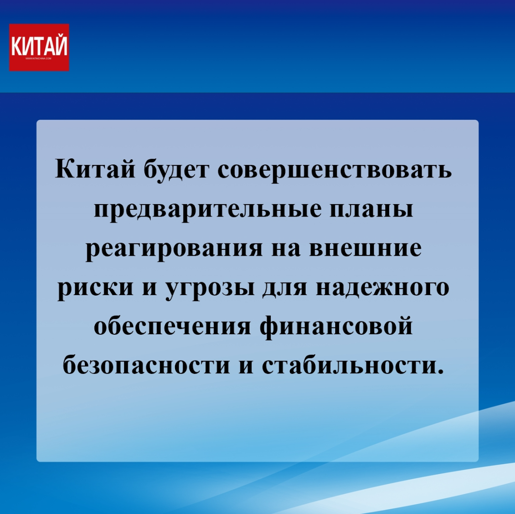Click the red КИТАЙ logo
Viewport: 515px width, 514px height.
click(39, 47)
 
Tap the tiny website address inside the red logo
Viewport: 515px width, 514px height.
click(39, 59)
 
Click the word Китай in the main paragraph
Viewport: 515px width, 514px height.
click(95, 169)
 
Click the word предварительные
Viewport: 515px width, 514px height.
click(207, 210)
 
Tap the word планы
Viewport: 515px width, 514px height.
click(371, 211)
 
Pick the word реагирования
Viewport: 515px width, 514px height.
click(174, 250)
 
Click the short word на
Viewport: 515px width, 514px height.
click(286, 248)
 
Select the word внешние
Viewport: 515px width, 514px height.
click(366, 248)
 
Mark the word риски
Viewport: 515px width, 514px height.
click(95, 288)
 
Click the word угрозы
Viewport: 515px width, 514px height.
click(210, 288)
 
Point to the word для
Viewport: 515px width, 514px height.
click(285, 288)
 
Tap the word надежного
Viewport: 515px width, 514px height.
click(382, 288)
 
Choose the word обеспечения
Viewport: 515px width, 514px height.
click(173, 326)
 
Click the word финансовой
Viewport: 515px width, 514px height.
click(336, 327)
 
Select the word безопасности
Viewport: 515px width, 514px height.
click(146, 366)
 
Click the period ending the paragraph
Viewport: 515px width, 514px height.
click(440, 371)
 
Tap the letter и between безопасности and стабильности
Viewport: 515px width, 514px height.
click(246, 367)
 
